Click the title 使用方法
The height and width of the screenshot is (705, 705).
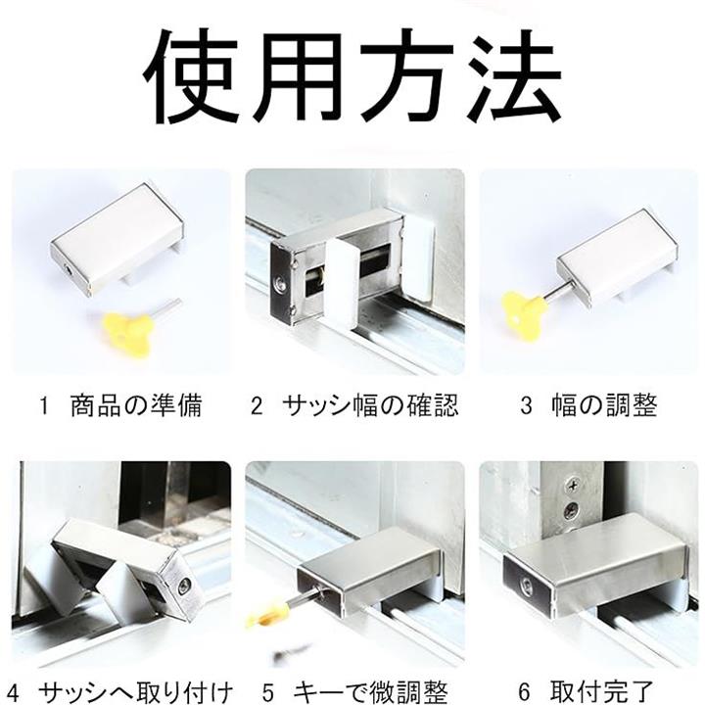coord(352,76)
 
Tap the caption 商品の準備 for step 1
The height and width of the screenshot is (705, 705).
coord(137,405)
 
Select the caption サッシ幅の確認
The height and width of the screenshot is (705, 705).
coord(371,405)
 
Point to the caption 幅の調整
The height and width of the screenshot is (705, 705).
coord(605,405)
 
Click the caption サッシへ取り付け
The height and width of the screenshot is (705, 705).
coord(136,692)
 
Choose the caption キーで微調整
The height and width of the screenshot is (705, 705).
coord(371,692)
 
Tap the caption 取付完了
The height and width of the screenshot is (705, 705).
coord(601,692)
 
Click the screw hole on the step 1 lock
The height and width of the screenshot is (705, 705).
coord(69,270)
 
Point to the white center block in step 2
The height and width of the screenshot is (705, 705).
coord(341,283)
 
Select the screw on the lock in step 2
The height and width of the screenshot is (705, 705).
coord(280,282)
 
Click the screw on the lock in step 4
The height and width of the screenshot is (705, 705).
coord(184,585)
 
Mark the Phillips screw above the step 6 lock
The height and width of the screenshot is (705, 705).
coord(573,486)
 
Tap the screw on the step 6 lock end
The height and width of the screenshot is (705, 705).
coord(525,585)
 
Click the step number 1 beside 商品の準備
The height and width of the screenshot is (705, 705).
coord(44,406)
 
